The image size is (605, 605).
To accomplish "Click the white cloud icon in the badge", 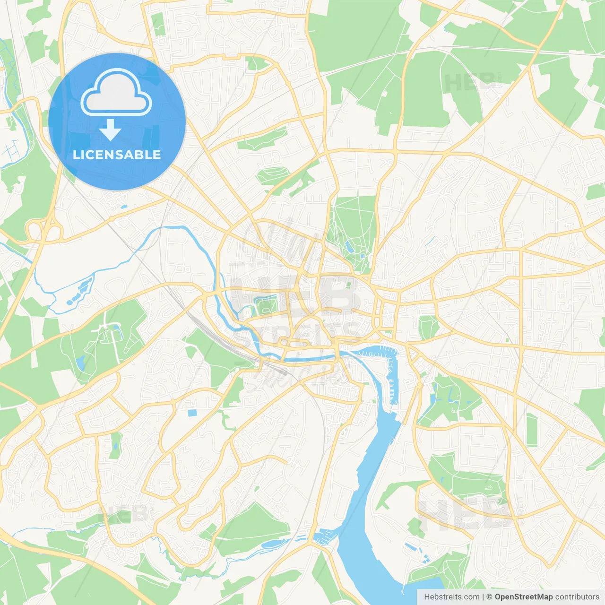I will pyautogui.click(x=116, y=93).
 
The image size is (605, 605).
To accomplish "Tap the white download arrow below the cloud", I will pyautogui.click(x=110, y=130).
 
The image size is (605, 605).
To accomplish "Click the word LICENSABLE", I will pyautogui.click(x=117, y=155).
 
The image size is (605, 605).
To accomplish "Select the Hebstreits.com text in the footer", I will pyautogui.click(x=451, y=597).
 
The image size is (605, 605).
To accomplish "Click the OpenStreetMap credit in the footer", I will pyautogui.click(x=523, y=597).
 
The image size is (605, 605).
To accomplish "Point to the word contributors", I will pyautogui.click(x=577, y=597).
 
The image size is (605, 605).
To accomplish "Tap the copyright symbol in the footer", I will pyautogui.click(x=489, y=597).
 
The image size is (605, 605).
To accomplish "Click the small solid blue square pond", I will pyautogui.click(x=192, y=413).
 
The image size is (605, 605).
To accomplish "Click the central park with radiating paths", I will pyautogui.click(x=353, y=232).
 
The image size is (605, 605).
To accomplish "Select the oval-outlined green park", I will pyautogui.click(x=272, y=175).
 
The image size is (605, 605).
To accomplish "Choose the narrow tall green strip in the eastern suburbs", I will pyautogui.click(x=532, y=430).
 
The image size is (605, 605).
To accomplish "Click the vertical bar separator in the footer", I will pyautogui.click(x=483, y=597).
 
